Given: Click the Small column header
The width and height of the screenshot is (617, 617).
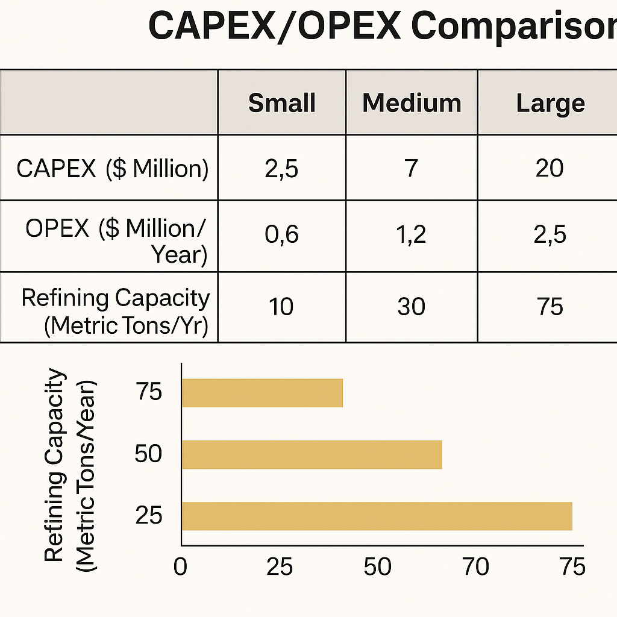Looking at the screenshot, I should (282, 103).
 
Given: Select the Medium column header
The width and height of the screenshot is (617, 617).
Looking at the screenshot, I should (412, 103).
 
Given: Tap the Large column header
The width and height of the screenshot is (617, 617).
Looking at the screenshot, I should (550, 103).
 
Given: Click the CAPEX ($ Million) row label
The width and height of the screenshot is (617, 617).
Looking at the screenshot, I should (112, 169).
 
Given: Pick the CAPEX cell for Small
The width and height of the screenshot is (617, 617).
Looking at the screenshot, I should (282, 169).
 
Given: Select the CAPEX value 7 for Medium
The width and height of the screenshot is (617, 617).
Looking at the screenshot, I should (412, 169).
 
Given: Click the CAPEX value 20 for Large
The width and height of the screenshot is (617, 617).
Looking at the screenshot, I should (550, 169).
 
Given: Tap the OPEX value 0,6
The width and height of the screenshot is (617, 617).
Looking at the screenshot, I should (282, 235).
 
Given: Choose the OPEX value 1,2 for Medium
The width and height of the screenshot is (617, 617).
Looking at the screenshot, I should (412, 235).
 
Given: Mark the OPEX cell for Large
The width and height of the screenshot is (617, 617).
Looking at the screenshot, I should (550, 235).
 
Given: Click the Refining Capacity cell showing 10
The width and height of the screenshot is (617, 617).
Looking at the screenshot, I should (282, 306).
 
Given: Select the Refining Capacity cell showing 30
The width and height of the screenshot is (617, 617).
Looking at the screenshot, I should (412, 306).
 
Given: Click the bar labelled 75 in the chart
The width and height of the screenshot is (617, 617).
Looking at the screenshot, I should (262, 393).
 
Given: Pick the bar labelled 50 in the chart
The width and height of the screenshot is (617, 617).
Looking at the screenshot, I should (312, 454).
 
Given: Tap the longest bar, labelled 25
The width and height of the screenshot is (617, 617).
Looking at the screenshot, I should (377, 516).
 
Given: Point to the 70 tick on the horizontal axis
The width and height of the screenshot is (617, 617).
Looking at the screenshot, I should (475, 567).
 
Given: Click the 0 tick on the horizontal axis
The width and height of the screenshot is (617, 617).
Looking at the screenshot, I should (181, 567).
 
